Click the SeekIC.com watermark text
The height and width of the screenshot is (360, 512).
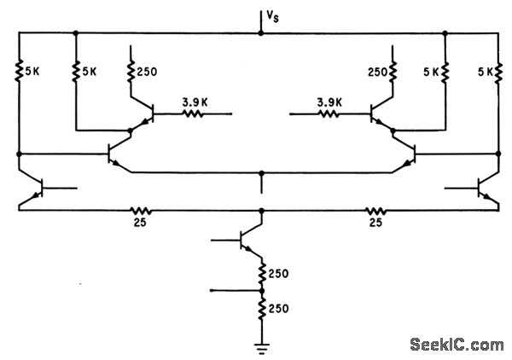click(x=456, y=345)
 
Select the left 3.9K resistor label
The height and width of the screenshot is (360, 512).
click(x=195, y=100)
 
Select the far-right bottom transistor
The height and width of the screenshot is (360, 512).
click(x=485, y=189)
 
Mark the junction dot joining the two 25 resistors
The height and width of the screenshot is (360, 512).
click(x=260, y=209)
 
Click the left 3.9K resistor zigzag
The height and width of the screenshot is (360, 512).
click(x=194, y=113)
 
